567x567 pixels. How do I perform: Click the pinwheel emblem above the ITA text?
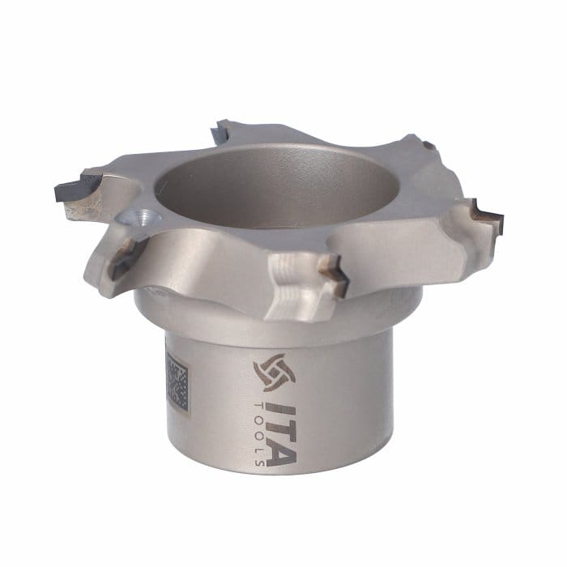point(274,373)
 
